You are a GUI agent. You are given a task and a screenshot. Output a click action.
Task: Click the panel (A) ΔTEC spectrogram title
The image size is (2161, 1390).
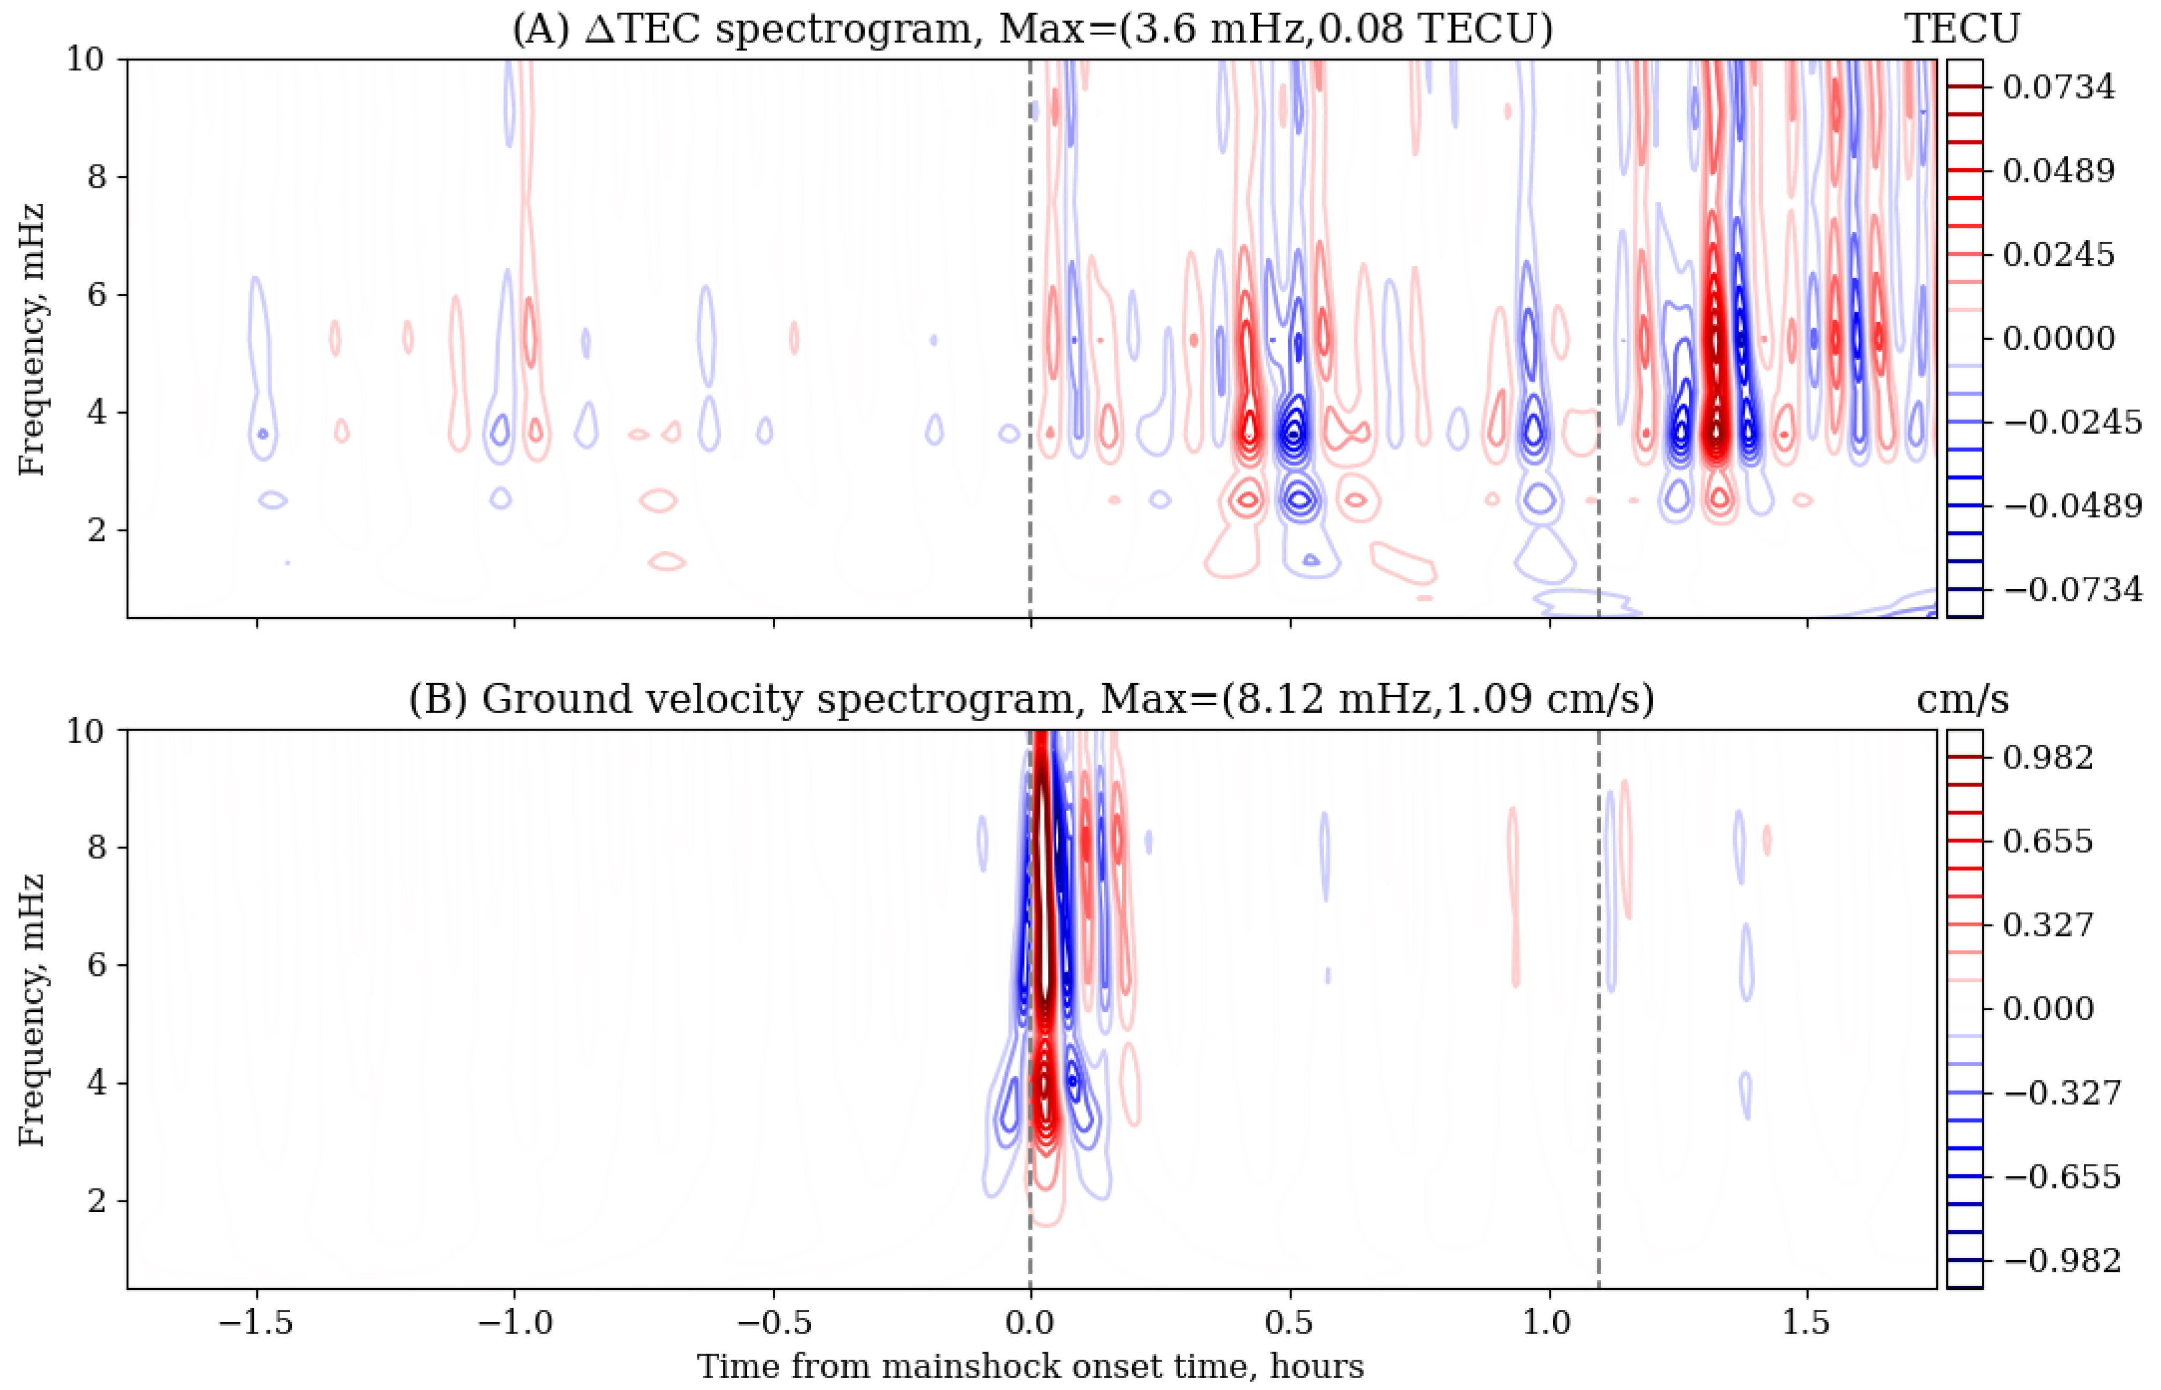pos(1032,29)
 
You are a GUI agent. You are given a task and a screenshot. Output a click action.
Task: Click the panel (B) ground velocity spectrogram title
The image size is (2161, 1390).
pos(1032,699)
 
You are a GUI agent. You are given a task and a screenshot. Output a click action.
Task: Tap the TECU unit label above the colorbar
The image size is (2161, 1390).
pos(1962,29)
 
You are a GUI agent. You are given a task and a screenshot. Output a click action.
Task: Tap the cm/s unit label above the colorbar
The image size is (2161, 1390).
pos(1962,699)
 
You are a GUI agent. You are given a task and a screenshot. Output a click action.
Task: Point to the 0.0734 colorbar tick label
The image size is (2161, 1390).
pos(2058,88)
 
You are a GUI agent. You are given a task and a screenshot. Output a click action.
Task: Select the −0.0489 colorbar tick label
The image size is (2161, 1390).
pos(2072,505)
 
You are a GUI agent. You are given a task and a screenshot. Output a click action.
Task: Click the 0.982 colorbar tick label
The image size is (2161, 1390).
pos(2047,758)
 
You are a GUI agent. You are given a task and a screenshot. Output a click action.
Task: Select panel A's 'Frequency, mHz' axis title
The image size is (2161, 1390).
pos(32,339)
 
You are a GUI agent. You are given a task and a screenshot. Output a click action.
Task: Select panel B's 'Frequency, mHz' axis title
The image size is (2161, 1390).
pos(32,1009)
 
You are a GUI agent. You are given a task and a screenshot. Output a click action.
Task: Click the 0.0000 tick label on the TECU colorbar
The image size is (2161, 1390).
pos(2058,339)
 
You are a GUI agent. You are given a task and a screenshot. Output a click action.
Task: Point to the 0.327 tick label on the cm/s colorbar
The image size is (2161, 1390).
pos(2047,925)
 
